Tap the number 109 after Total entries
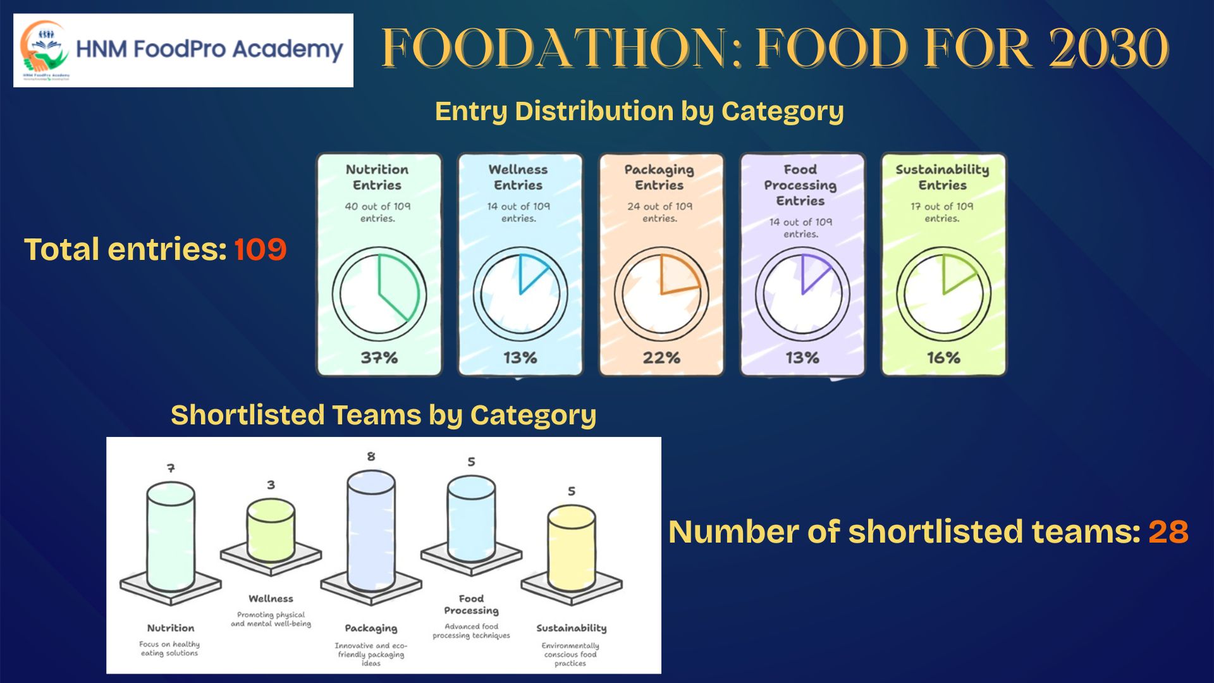pos(260,249)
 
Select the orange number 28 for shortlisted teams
pos(1168,532)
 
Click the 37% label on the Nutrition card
pos(379,358)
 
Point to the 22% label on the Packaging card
pos(661,358)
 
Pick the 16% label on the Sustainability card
pos(943,358)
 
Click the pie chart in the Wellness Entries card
pos(520,294)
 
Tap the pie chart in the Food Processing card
pos(802,294)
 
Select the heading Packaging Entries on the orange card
pos(659,177)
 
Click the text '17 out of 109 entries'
pos(942,212)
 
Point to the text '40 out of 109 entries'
pos(377,212)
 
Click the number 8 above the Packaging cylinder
pos(371,456)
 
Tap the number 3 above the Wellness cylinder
pos(271,485)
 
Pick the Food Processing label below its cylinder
pos(471,604)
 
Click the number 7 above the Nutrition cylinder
pos(171,468)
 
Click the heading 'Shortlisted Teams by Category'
pos(383,415)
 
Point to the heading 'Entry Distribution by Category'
pos(639,111)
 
